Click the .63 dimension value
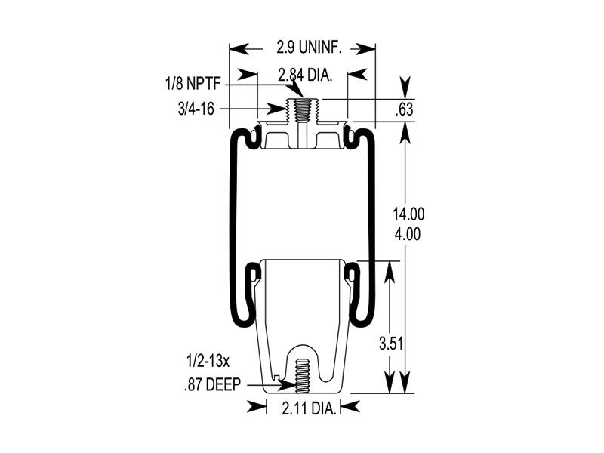coord(405,110)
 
